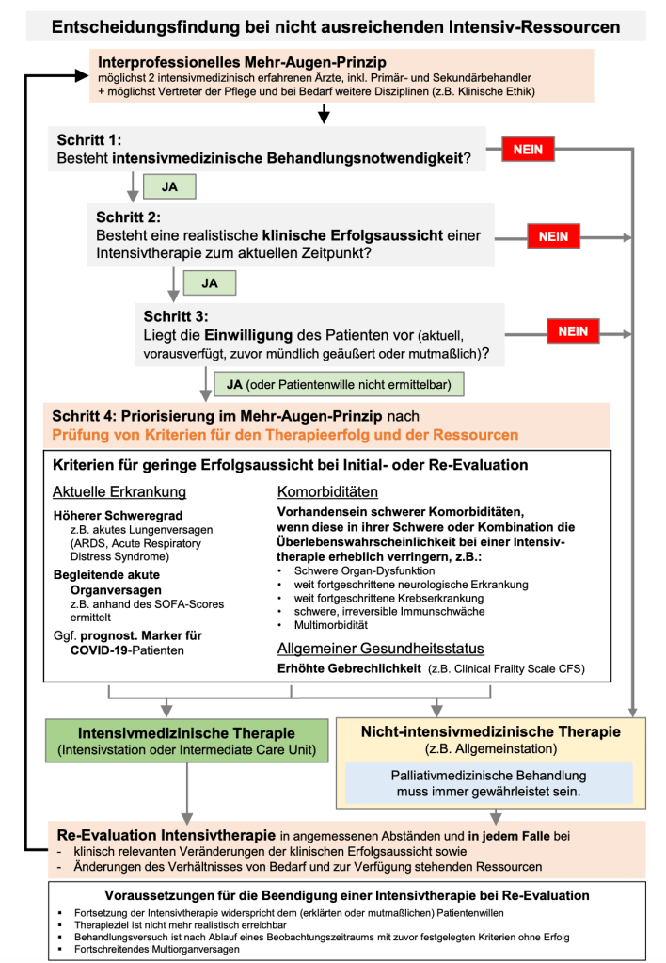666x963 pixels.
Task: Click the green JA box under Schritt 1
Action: (x=169, y=187)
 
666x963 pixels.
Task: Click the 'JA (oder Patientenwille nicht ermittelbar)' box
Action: (x=341, y=384)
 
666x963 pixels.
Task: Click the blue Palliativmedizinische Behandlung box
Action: (x=488, y=783)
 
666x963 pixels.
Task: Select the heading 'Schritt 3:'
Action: (x=176, y=315)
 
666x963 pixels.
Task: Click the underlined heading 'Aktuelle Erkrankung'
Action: (x=119, y=492)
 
